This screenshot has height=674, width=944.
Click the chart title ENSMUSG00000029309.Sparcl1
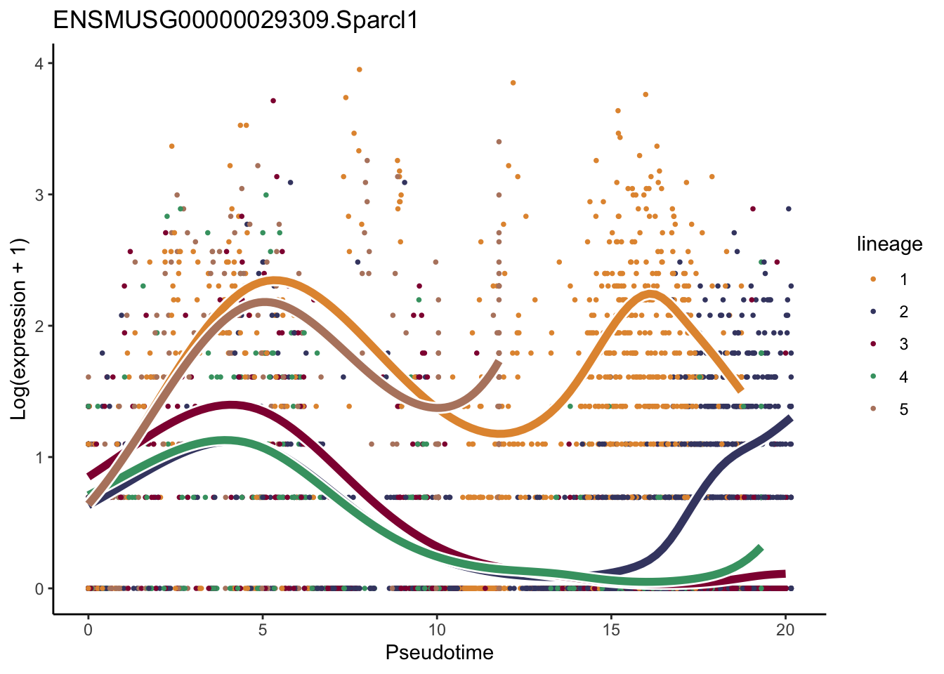[236, 20]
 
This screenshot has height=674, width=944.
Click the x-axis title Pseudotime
[439, 652]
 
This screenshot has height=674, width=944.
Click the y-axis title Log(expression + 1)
[19, 329]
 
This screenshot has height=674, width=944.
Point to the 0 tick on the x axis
[88, 630]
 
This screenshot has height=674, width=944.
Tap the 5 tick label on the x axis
[262, 630]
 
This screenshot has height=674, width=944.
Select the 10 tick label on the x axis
[437, 630]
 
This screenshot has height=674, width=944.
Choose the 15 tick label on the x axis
[611, 630]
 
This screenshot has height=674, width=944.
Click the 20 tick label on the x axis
[786, 630]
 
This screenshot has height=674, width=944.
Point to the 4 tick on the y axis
[39, 63]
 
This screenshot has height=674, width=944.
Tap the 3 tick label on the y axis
[39, 194]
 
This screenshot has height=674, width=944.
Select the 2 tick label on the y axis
[39, 326]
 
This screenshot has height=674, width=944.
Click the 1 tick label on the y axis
[39, 457]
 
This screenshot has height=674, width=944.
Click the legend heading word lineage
[889, 244]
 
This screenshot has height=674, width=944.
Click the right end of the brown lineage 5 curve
[499, 363]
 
